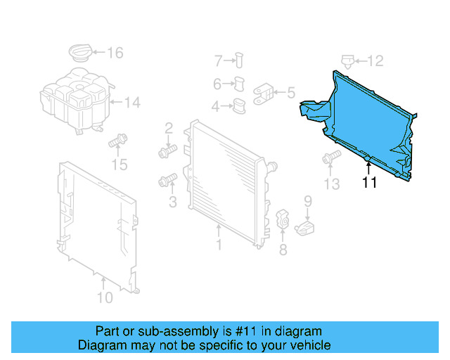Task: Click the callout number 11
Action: coord(369,183)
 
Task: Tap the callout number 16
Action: coord(115,52)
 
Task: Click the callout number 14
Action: coord(132,103)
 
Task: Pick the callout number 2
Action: coord(169,128)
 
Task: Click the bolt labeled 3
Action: coord(166,181)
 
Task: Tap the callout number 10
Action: coord(103,297)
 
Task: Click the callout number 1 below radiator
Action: coord(219,245)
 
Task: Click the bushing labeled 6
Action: coord(238,84)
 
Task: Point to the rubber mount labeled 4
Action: coord(239,107)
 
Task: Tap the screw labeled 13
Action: coord(328,160)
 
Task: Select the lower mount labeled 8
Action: coord(283,219)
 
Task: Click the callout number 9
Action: coord(307,203)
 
